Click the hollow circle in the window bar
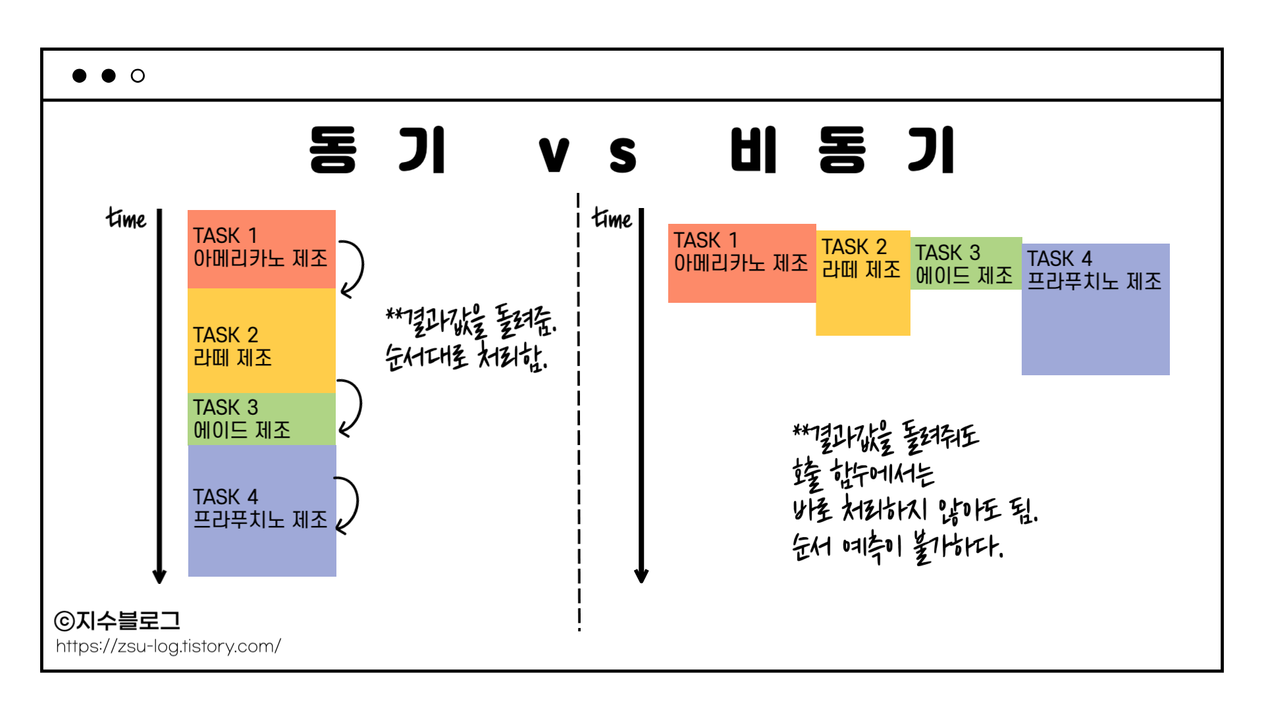(x=138, y=76)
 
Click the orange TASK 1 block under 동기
(x=261, y=249)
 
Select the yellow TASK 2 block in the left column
(x=261, y=340)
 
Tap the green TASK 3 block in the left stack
(x=261, y=419)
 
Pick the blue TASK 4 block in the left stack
(x=262, y=511)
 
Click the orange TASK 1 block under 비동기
(x=742, y=263)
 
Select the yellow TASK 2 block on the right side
(x=863, y=283)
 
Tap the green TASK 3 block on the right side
(x=966, y=263)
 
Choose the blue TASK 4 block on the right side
(x=1095, y=309)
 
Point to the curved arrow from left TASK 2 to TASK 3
(x=352, y=408)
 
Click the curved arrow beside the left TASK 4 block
(x=350, y=504)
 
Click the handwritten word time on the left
(x=126, y=218)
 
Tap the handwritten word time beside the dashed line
(x=612, y=218)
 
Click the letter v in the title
(x=554, y=154)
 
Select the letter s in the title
(x=622, y=154)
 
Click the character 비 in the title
(x=754, y=150)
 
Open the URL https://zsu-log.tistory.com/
(x=169, y=646)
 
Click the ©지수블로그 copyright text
(x=117, y=620)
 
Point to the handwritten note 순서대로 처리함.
(x=466, y=357)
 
